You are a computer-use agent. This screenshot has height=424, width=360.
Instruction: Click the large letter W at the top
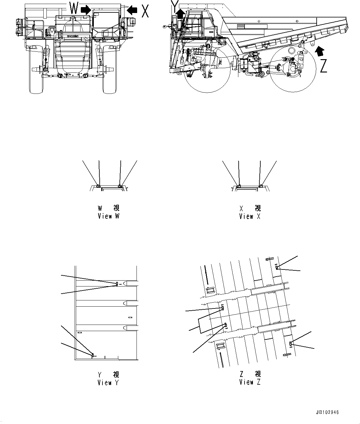click(74, 8)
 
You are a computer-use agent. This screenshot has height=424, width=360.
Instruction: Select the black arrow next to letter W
click(86, 10)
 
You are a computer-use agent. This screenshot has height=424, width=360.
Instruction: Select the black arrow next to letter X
click(132, 10)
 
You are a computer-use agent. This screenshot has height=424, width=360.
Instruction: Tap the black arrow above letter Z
click(319, 51)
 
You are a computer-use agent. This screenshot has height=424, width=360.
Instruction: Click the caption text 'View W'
click(108, 216)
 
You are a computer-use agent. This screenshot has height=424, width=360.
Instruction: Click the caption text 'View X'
click(250, 216)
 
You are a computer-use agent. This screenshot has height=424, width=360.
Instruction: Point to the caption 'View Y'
click(108, 382)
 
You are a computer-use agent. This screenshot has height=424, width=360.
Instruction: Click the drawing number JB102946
click(327, 413)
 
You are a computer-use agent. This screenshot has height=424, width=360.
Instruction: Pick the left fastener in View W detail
click(98, 186)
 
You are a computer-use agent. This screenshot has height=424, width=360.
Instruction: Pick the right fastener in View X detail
click(261, 186)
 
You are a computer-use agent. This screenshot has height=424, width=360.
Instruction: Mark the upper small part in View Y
click(117, 284)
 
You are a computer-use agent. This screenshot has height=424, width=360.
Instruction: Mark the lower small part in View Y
click(92, 355)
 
